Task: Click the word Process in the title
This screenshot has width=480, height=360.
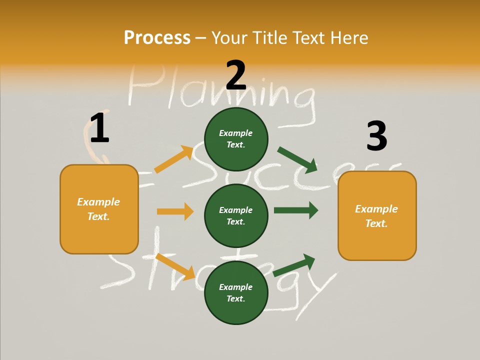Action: [157, 38]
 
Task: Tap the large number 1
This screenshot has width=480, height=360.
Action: [99, 128]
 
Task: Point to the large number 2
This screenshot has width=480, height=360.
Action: [236, 75]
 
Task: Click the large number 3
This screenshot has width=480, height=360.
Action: [376, 136]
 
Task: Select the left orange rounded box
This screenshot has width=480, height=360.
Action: [99, 209]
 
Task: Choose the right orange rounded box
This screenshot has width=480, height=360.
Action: [377, 216]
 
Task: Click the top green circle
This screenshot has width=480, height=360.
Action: [236, 139]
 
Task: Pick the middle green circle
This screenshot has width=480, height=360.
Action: [236, 215]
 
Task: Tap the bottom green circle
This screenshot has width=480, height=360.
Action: [236, 292]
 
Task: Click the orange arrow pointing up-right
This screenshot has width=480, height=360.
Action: [174, 159]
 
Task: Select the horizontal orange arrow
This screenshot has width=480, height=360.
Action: [175, 211]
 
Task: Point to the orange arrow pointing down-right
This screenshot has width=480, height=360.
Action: [175, 266]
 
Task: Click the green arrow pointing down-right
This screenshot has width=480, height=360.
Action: [297, 159]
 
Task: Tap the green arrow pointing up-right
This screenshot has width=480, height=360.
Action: [294, 265]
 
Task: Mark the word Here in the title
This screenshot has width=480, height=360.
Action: [349, 38]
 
